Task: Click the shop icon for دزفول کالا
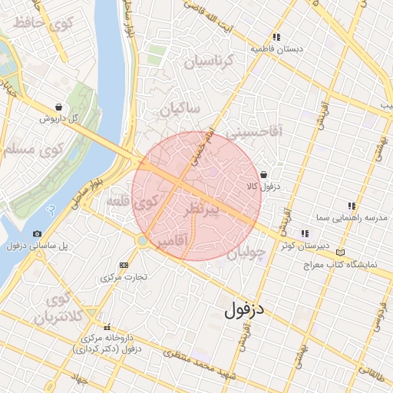pyautogui.click(x=263, y=174)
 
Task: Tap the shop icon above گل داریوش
pyautogui.click(x=59, y=107)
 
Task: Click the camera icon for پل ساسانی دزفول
pyautogui.click(x=37, y=233)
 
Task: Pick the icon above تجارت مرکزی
pyautogui.click(x=124, y=265)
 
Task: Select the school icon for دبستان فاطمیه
pyautogui.click(x=276, y=37)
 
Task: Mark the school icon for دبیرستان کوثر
pyautogui.click(x=305, y=233)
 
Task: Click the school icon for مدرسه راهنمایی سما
pyautogui.click(x=351, y=206)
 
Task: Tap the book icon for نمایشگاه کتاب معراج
pyautogui.click(x=340, y=252)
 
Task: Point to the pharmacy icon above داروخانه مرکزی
pyautogui.click(x=107, y=326)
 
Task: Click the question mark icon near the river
pyautogui.click(x=51, y=210)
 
